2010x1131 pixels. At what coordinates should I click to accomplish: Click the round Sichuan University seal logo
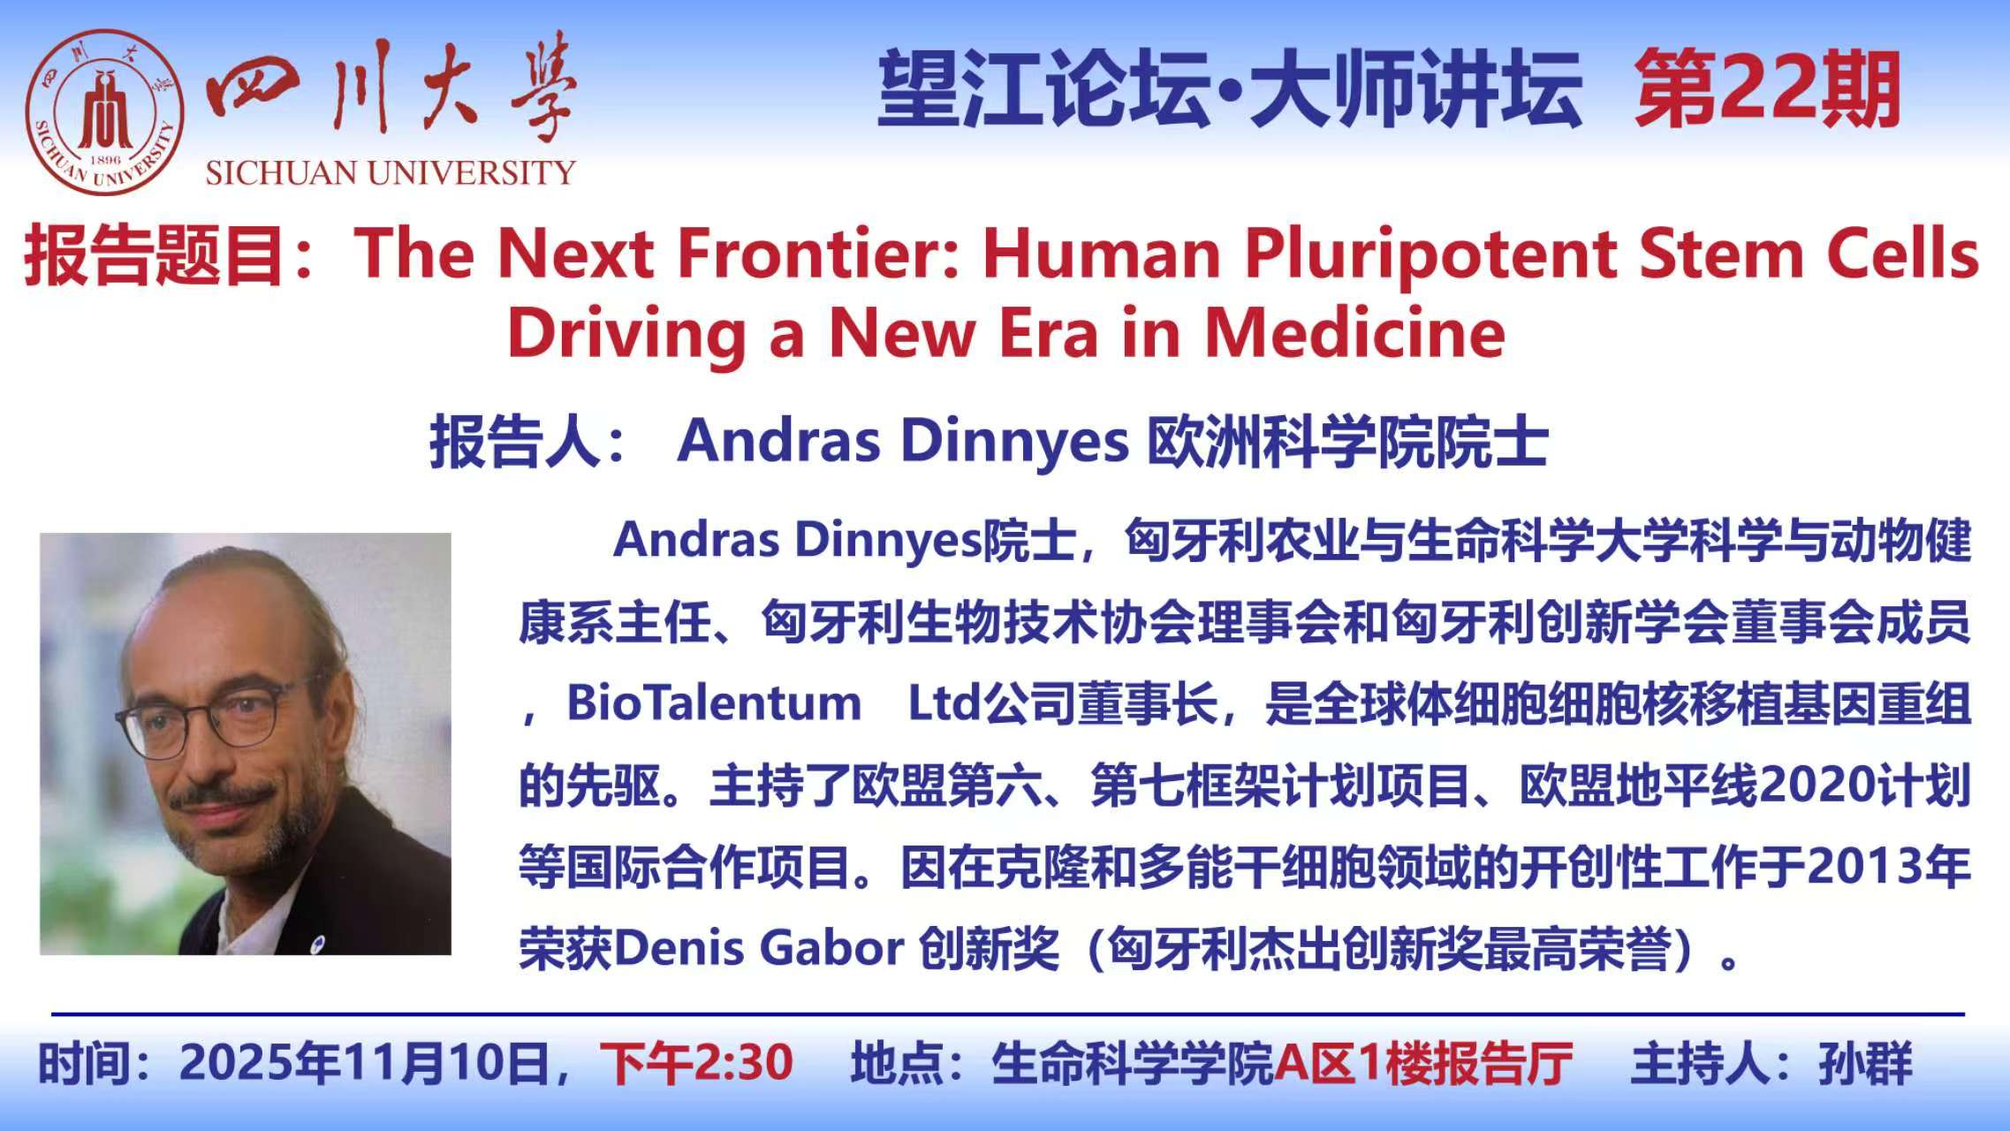pos(104,112)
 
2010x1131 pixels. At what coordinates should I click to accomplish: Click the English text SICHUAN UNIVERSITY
pos(391,172)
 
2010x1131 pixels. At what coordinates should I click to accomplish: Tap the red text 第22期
pos(1767,89)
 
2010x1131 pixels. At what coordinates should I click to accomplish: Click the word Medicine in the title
pos(1355,333)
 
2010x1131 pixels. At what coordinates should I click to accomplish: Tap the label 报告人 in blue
pos(515,441)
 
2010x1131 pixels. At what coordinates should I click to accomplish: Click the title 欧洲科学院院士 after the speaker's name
pos(1347,441)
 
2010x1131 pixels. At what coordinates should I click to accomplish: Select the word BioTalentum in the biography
pos(714,703)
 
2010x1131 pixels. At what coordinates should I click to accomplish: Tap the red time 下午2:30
pos(697,1062)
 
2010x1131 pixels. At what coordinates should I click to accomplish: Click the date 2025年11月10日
pos(365,1062)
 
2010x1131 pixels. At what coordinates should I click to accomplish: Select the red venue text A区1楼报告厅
pos(1422,1062)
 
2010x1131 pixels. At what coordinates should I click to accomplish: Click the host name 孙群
pos(1865,1062)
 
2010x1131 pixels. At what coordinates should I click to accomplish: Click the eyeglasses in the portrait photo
pos(212,718)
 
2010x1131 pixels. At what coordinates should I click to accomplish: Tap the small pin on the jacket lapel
pos(318,944)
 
